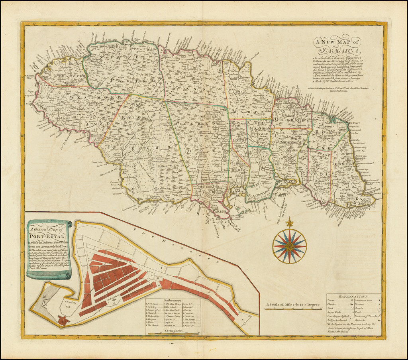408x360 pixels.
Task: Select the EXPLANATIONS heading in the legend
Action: [x=352, y=297]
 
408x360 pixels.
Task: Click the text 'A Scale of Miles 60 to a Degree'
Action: [x=293, y=305]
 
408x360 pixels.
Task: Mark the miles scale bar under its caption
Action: [x=293, y=309]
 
